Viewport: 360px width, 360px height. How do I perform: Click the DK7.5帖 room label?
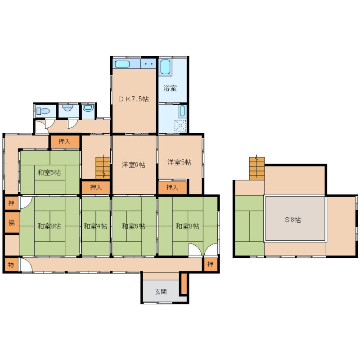[x=133, y=99]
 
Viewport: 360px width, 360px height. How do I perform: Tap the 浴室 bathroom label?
[x=170, y=88]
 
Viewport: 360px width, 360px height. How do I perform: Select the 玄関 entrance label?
[x=161, y=292]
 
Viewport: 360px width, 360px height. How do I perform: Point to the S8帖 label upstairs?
[x=293, y=220]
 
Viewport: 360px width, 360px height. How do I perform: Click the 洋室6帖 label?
[x=133, y=165]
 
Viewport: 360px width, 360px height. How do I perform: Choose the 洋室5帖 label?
[x=179, y=162]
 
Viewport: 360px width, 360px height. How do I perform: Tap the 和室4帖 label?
[x=95, y=226]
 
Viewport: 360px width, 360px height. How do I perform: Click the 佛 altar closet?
[x=12, y=223]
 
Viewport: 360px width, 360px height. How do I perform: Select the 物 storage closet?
[x=11, y=265]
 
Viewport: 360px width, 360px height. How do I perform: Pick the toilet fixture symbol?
[x=43, y=111]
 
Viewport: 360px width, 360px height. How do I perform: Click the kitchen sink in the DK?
[x=122, y=64]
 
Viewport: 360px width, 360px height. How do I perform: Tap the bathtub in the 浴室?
[x=165, y=67]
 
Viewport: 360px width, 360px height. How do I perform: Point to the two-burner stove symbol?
[x=148, y=63]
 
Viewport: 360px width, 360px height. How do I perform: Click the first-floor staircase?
[x=103, y=168]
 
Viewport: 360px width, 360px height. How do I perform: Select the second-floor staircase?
[x=257, y=168]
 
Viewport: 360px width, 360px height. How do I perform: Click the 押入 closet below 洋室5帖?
[x=172, y=188]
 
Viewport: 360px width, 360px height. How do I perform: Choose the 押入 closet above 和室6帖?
[x=64, y=141]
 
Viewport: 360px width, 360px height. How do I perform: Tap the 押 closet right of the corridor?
[x=210, y=264]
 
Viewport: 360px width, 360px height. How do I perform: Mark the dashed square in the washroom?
[x=180, y=126]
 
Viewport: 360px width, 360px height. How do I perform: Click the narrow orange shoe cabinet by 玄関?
[x=184, y=283]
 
